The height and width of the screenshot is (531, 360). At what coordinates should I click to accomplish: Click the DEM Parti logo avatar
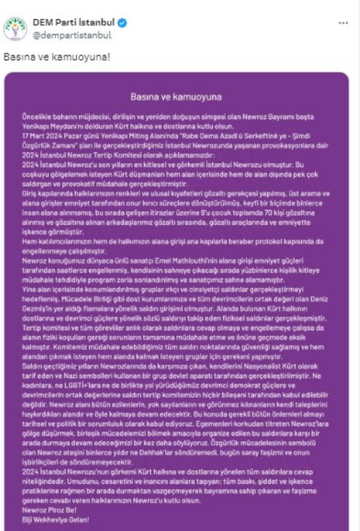pos(15,29)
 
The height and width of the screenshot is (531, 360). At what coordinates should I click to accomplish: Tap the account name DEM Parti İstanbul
pos(74,23)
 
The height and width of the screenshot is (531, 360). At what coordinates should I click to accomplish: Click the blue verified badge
pos(122,23)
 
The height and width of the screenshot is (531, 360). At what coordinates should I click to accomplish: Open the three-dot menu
pos(344,23)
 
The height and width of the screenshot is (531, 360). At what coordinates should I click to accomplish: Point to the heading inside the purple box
pos(176,98)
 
